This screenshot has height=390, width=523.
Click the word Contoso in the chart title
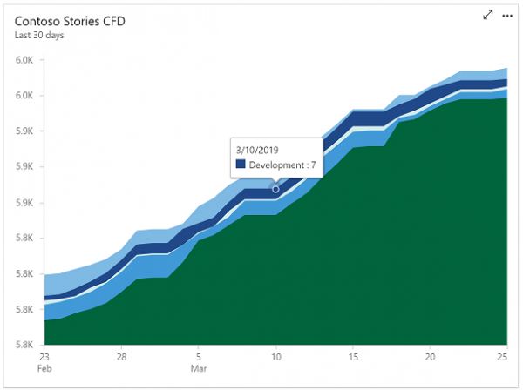[38, 21]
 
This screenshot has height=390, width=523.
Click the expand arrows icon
[488, 16]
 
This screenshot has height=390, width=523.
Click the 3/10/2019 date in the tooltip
[259, 149]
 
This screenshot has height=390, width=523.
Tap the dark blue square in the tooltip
[241, 165]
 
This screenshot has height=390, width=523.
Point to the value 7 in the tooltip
[313, 165]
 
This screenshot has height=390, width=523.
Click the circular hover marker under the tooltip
[276, 189]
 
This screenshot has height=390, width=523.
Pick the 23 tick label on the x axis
[44, 356]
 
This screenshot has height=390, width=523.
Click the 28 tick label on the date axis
[121, 356]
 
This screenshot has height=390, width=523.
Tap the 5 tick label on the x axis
[199, 356]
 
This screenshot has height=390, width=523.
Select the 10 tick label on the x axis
[275, 356]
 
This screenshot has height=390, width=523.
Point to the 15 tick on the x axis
[352, 356]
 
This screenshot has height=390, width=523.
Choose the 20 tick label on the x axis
[430, 356]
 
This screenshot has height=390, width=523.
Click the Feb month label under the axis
[44, 368]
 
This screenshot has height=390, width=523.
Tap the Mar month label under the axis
[200, 368]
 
